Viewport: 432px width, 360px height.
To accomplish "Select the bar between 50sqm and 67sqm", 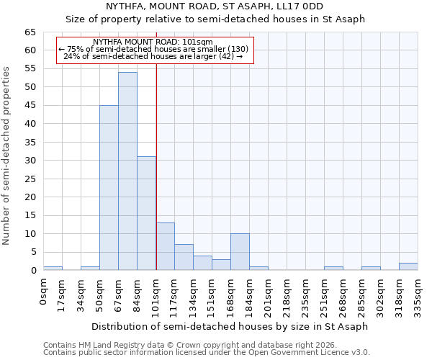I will point(109,188).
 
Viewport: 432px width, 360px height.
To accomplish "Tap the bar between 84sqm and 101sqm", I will point(146,213).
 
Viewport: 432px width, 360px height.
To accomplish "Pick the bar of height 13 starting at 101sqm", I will point(165,246).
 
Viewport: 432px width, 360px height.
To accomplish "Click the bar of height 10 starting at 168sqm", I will point(240,252).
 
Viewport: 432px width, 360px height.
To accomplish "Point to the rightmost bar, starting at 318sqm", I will point(408,266).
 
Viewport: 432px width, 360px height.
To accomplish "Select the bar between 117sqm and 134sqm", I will point(184,257).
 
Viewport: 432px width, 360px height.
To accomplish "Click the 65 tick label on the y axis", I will point(30,32).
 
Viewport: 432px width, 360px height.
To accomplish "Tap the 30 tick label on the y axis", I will point(30,161).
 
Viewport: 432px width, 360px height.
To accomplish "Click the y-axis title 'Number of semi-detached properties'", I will point(6,156).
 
